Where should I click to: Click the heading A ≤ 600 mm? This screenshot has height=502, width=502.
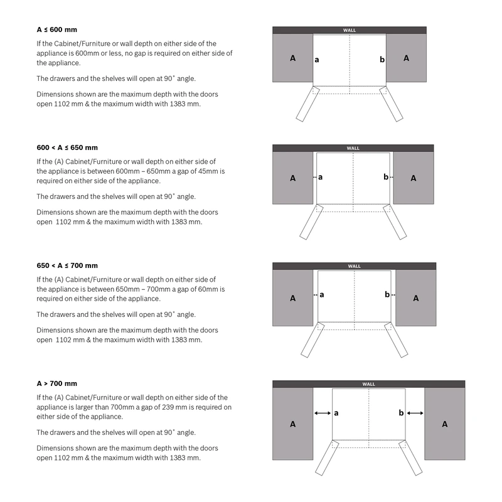click(x=56, y=29)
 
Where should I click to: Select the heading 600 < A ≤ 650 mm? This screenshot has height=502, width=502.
click(x=67, y=147)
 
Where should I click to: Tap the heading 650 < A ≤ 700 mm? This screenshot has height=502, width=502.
click(x=67, y=265)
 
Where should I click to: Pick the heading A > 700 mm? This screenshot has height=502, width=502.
click(x=56, y=383)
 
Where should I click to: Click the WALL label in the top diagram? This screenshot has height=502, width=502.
click(x=350, y=30)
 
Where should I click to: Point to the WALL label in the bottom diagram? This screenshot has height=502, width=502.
click(x=368, y=384)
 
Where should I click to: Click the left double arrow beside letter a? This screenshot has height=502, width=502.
click(x=323, y=413)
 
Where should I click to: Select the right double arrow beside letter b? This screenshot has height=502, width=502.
click(x=415, y=413)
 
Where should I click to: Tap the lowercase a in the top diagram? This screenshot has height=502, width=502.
click(x=317, y=60)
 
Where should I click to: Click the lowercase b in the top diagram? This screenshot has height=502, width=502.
click(x=382, y=59)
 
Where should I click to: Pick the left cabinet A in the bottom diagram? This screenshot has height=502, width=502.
click(x=292, y=424)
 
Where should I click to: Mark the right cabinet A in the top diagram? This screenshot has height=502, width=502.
click(x=406, y=58)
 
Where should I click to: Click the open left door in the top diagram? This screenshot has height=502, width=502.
click(x=307, y=104)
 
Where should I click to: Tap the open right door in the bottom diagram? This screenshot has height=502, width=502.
click(x=410, y=457)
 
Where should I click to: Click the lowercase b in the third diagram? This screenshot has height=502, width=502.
click(x=387, y=294)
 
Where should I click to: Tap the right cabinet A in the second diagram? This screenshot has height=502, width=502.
click(x=414, y=178)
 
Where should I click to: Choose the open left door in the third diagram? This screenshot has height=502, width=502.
click(x=312, y=339)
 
